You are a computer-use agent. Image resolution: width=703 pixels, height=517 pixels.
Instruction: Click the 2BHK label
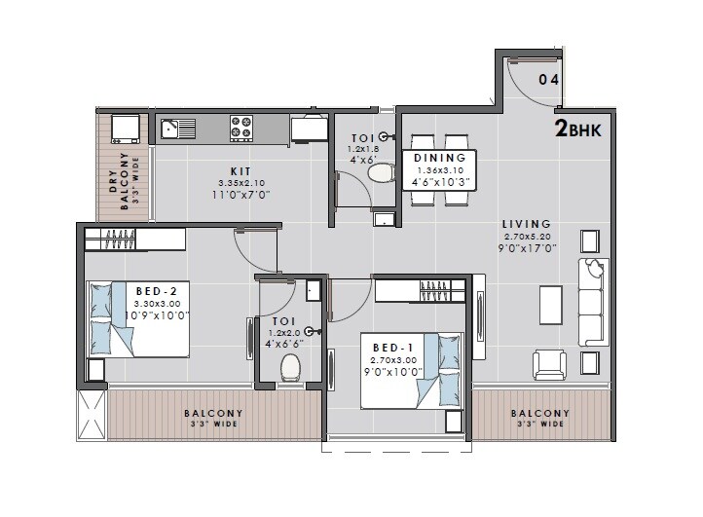click(581, 129)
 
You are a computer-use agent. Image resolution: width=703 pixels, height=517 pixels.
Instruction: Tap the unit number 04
click(548, 81)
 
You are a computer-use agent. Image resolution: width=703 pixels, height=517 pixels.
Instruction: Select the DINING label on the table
click(439, 158)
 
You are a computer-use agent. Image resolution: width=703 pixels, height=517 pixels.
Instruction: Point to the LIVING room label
click(527, 223)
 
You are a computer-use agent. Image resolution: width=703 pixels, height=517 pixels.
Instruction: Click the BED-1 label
click(393, 348)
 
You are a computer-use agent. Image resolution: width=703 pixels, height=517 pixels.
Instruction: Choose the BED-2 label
click(156, 291)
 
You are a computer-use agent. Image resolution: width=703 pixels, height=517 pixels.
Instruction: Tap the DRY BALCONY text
click(120, 181)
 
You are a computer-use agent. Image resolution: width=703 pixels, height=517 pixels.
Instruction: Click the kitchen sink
click(178, 128)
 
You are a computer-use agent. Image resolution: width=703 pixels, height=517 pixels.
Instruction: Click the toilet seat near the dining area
click(380, 171)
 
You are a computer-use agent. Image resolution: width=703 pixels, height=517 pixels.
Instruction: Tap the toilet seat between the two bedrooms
click(290, 366)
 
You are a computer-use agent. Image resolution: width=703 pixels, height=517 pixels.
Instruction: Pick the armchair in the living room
click(549, 365)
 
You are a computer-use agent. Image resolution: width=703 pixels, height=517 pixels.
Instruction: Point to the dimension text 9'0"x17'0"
click(526, 247)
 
